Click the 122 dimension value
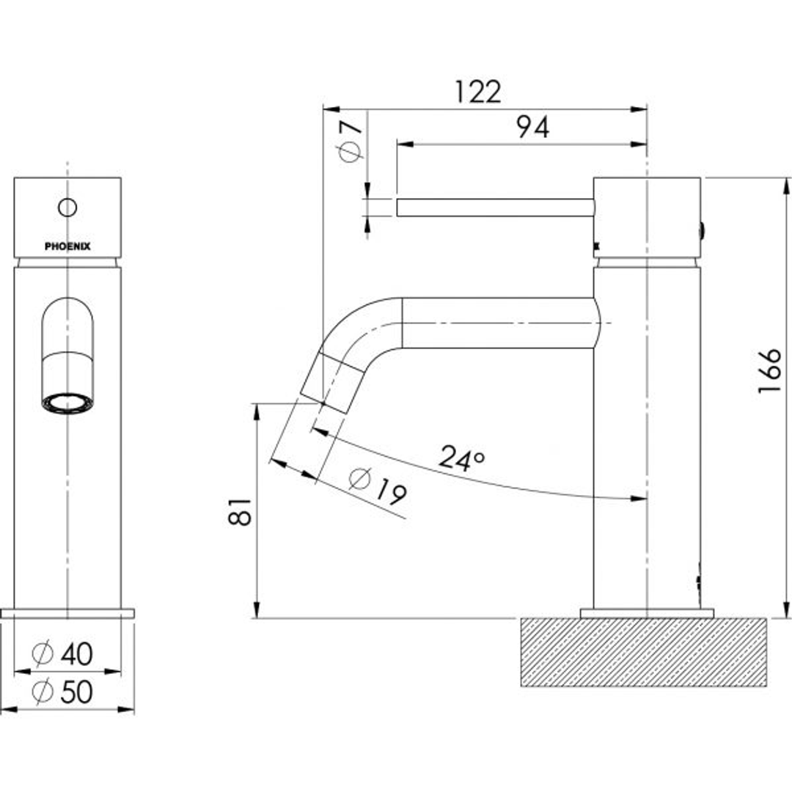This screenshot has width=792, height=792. tap(477, 92)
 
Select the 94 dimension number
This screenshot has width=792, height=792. tap(532, 128)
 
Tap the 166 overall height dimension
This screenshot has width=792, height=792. tap(771, 370)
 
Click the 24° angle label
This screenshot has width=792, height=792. tap(462, 458)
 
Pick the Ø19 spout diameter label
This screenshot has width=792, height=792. tap(378, 486)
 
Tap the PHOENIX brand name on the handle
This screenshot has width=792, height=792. tap(67, 246)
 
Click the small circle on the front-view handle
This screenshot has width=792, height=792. tap(67, 208)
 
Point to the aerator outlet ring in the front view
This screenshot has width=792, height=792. tap(67, 403)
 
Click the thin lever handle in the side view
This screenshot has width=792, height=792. tap(495, 208)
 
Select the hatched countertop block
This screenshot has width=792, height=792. tap(643, 652)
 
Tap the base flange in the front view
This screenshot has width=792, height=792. tap(67, 613)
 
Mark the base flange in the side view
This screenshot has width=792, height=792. tap(647, 613)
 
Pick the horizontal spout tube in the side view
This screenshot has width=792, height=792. tap(499, 323)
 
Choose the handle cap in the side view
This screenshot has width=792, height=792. tap(647, 217)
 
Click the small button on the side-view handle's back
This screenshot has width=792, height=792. tap(704, 232)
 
